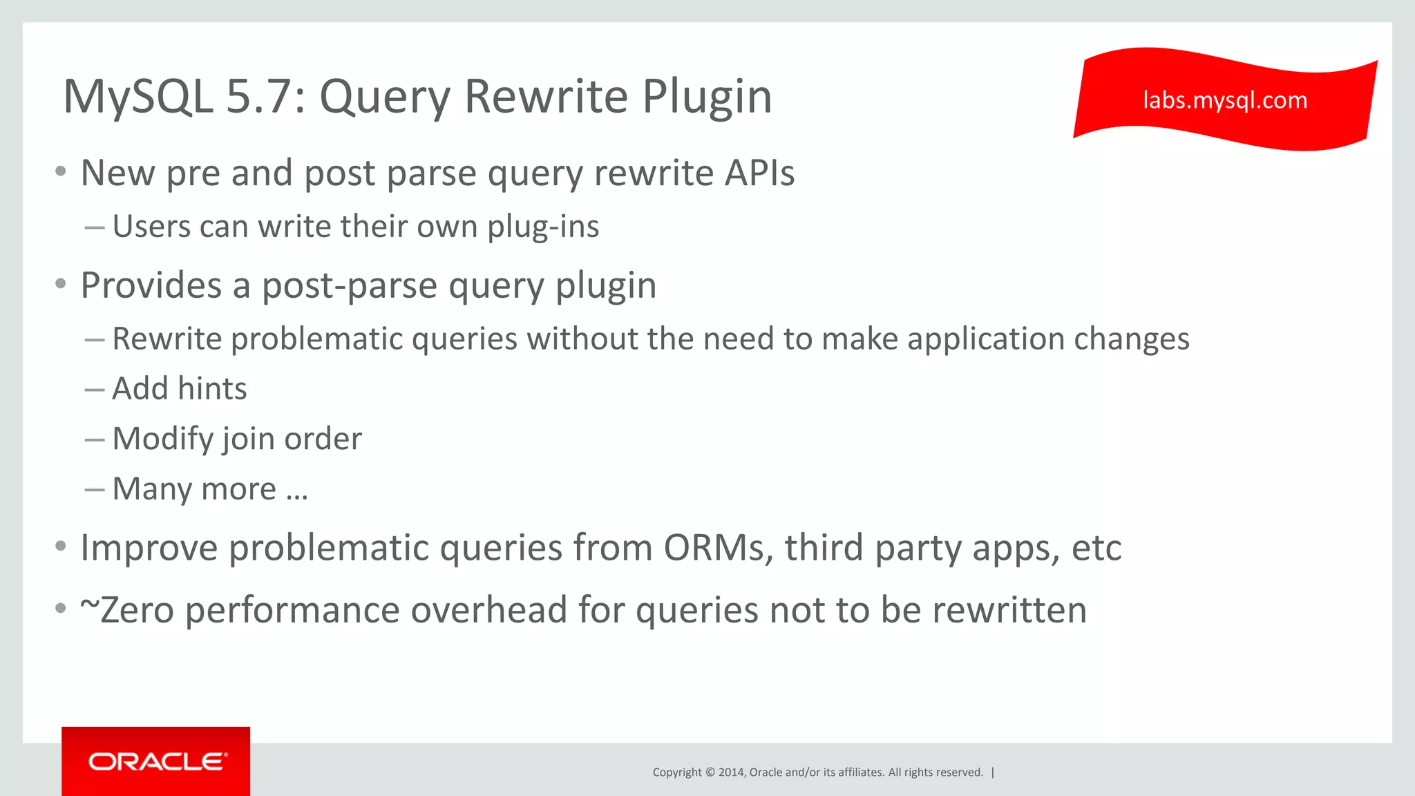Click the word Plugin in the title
tap(707, 97)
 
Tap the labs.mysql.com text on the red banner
tap(1224, 101)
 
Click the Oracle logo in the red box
tap(157, 761)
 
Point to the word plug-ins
tap(543, 227)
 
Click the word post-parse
tap(349, 285)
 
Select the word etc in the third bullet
tap(1096, 548)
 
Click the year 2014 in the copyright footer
tap(731, 773)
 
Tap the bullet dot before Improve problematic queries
tap(61, 547)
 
